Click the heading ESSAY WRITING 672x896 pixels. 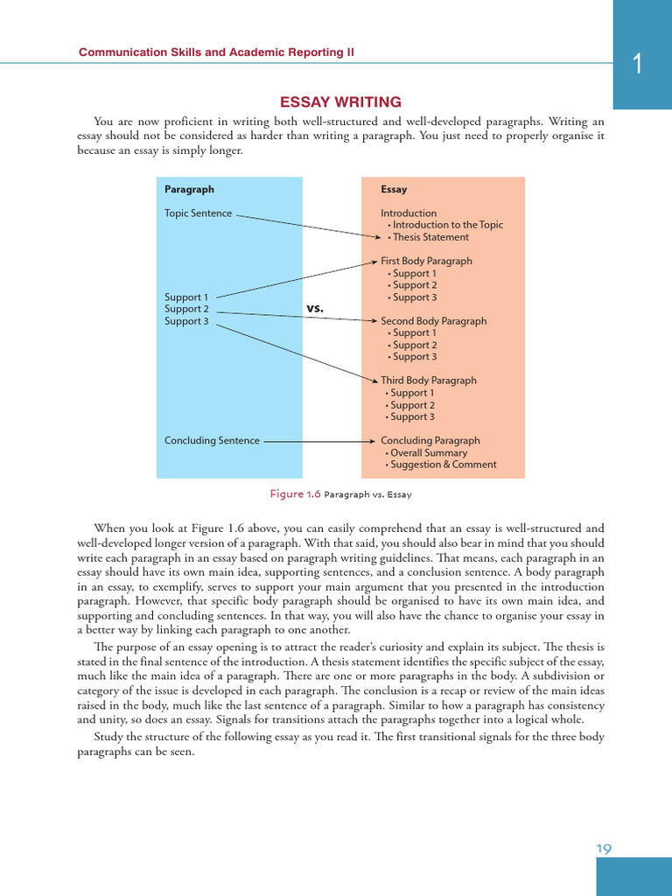[340, 102]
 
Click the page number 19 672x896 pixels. [604, 848]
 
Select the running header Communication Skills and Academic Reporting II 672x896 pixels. [217, 52]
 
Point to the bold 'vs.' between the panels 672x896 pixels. [315, 308]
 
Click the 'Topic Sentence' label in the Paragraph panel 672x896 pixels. [199, 213]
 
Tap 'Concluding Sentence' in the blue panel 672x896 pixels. [212, 440]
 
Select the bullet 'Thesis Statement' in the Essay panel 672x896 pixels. [430, 236]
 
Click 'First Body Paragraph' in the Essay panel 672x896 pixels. [426, 261]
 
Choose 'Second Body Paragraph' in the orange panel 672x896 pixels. [433, 321]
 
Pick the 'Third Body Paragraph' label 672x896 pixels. [429, 381]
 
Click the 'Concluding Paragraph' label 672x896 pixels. [430, 440]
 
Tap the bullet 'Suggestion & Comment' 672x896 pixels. [443, 465]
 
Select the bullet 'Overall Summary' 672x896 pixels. [429, 452]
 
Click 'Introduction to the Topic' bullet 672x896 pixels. [447, 225]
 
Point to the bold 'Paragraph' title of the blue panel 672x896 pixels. [189, 189]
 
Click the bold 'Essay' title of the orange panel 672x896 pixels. [394, 189]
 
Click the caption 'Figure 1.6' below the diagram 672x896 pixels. [296, 494]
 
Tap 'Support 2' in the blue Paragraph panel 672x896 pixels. [186, 309]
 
